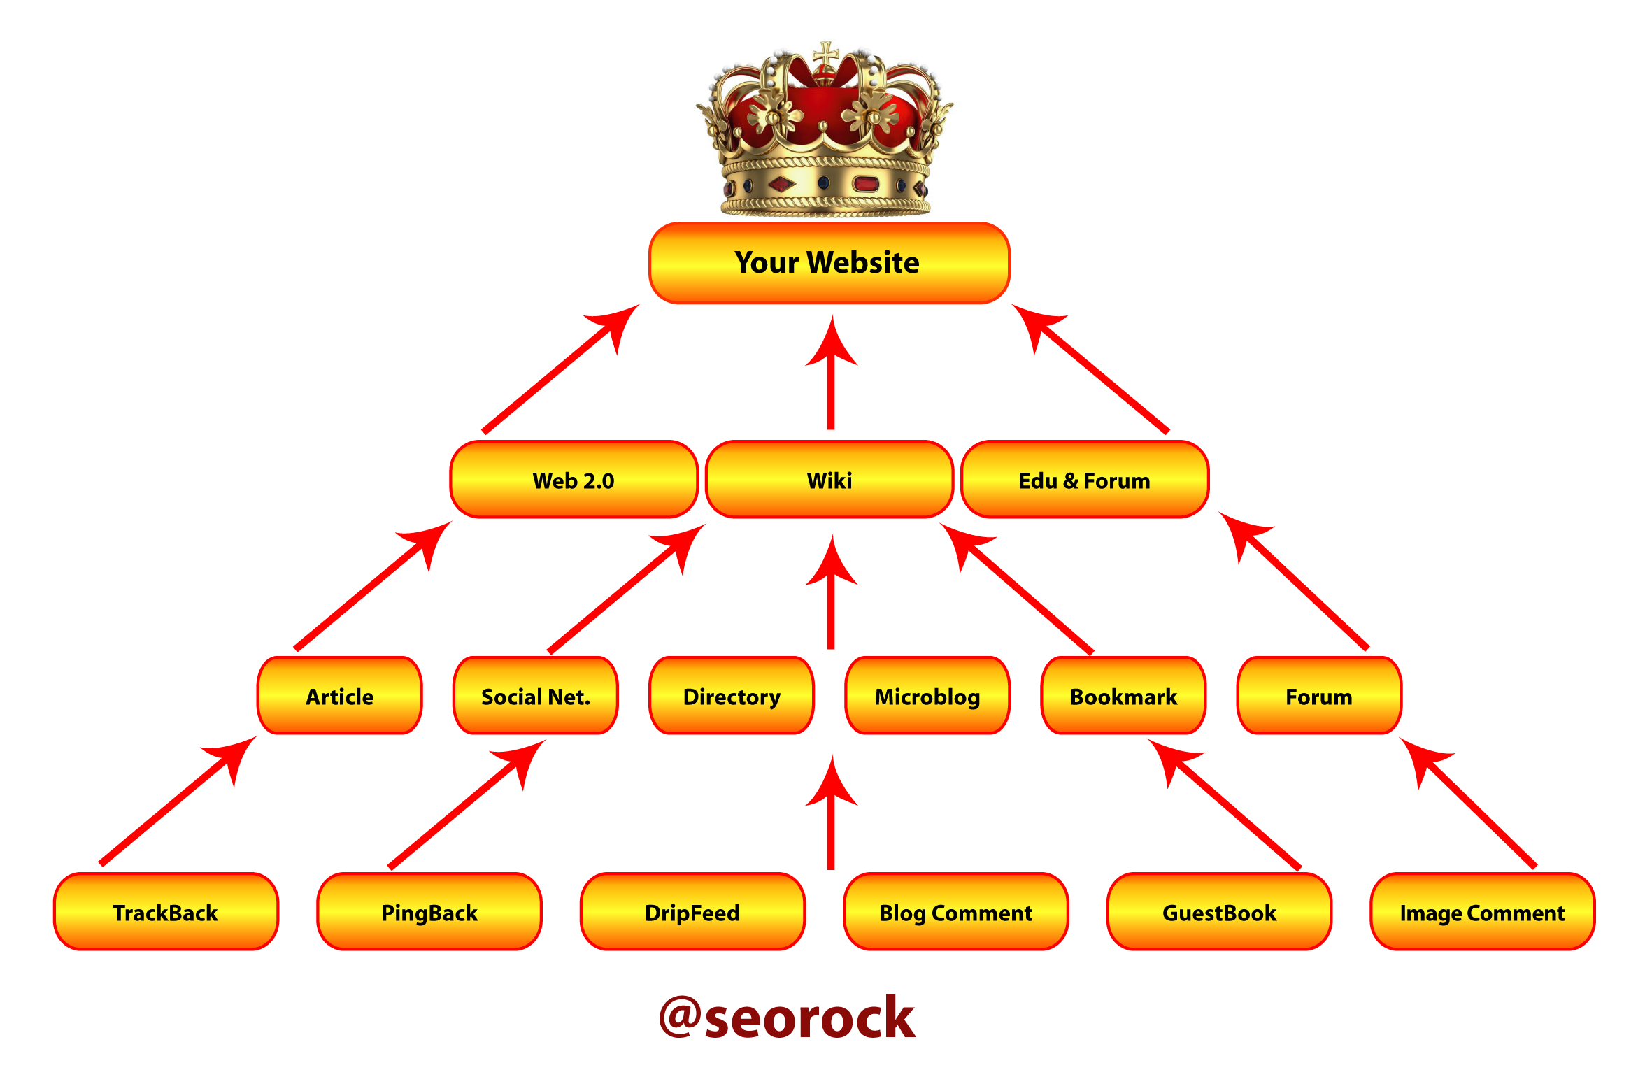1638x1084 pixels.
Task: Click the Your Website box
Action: click(829, 263)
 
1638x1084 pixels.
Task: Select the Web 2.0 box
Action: click(574, 480)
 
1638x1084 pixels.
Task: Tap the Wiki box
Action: click(829, 480)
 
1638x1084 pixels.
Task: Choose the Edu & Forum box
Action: click(1085, 480)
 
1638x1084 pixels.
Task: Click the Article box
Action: click(340, 697)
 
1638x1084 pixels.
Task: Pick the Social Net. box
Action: click(536, 697)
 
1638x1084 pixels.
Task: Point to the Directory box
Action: click(732, 697)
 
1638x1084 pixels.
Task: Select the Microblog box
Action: click(927, 697)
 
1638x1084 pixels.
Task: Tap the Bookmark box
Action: click(1123, 697)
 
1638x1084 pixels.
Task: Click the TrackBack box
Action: click(166, 913)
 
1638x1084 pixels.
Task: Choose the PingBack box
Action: click(429, 913)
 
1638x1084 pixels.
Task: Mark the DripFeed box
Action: click(692, 913)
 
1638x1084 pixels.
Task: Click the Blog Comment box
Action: click(956, 913)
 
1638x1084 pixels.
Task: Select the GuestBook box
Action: click(1219, 913)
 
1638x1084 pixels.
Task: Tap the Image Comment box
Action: click(1483, 913)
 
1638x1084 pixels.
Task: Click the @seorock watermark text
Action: click(787, 1018)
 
